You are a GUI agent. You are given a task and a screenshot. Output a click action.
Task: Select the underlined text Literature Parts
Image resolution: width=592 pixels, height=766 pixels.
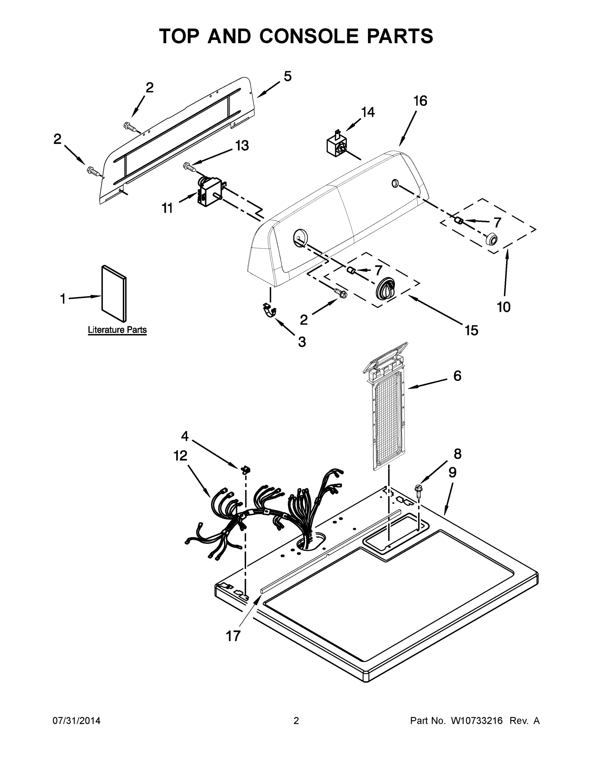tap(117, 330)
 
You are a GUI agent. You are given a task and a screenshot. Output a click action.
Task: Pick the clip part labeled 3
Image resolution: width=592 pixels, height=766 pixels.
tap(269, 310)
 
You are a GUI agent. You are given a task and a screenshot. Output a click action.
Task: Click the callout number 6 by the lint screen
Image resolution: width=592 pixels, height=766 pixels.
tap(457, 376)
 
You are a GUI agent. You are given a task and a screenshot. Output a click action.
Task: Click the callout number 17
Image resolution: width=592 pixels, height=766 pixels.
tap(233, 635)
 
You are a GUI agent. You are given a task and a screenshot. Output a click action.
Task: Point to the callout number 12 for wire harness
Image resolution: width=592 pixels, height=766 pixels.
tap(180, 456)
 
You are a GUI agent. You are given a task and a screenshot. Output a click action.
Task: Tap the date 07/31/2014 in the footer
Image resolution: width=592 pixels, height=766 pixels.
tap(77, 721)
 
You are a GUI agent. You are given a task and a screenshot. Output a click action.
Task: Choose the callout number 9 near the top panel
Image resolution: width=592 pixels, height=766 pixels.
tap(453, 472)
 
